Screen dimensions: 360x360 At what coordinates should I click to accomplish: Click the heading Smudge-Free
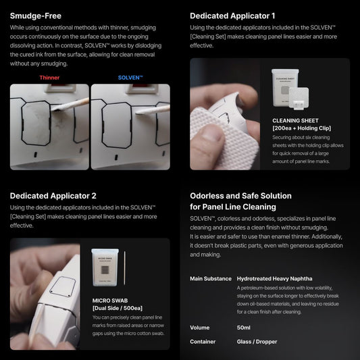(36, 16)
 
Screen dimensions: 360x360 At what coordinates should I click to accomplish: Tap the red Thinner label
(49, 78)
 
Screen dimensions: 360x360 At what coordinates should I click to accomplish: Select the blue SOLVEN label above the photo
(130, 78)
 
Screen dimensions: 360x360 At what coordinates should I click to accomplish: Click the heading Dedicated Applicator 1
(232, 16)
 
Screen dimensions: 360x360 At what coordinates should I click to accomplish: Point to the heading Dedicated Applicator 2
(53, 196)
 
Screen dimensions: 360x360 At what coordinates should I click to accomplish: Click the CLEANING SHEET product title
(295, 120)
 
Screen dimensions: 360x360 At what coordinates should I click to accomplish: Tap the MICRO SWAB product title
(110, 301)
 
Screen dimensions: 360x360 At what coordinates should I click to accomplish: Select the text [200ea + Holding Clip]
(302, 128)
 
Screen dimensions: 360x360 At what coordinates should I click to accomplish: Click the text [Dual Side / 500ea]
(118, 308)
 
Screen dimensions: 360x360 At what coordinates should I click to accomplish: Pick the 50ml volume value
(243, 328)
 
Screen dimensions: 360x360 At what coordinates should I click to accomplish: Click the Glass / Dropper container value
(257, 342)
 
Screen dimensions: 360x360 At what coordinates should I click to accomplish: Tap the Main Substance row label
(211, 279)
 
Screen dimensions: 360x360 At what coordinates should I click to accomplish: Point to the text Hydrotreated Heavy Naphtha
(274, 279)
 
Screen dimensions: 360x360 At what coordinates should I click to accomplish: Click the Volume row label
(199, 328)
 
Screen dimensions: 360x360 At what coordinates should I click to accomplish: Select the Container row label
(203, 342)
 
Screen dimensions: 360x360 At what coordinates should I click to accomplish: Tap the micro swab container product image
(105, 267)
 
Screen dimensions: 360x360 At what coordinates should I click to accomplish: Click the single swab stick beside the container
(125, 268)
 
